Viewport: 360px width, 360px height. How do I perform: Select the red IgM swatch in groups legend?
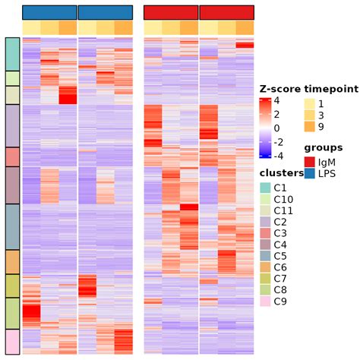[x=310, y=161]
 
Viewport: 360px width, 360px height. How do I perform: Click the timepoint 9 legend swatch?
[x=310, y=126]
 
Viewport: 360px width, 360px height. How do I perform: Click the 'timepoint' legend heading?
[x=330, y=88]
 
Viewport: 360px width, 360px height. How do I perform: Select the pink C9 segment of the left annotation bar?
[x=13, y=341]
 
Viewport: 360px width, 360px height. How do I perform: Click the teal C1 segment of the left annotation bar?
[x=13, y=54]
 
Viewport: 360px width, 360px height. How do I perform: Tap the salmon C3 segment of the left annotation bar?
[x=13, y=156]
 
